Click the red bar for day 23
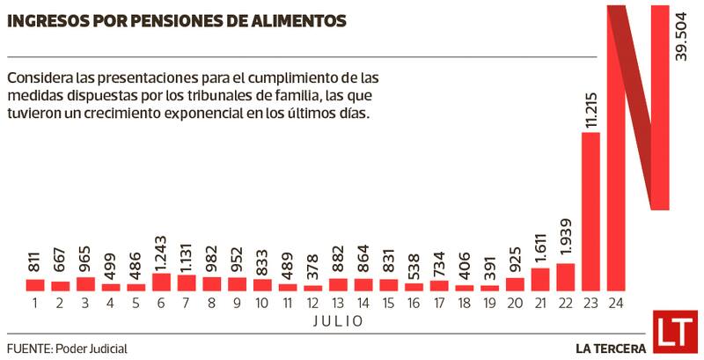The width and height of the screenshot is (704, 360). (590, 211)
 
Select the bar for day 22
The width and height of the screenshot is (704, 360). (565, 276)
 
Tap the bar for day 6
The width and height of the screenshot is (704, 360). (161, 282)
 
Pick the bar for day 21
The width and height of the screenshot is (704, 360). (540, 279)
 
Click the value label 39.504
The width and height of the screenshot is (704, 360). (680, 38)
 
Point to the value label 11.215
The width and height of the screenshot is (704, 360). (590, 107)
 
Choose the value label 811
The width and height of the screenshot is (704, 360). (34, 261)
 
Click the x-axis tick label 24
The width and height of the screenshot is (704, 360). (616, 302)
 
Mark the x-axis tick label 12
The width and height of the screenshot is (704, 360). (313, 302)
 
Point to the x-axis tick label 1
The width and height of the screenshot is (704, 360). (34, 302)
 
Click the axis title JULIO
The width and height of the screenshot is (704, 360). (338, 321)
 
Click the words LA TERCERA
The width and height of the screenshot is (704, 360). (611, 348)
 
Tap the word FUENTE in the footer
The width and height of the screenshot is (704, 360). (29, 349)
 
